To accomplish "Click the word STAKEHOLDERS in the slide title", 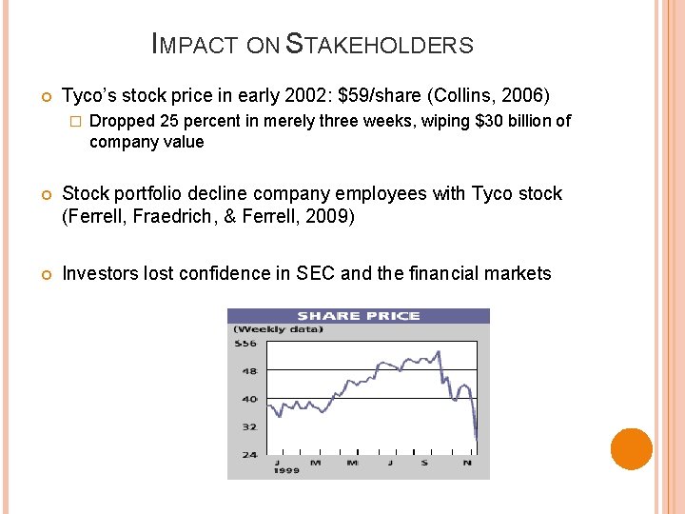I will (380, 45).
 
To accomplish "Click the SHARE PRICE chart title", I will (358, 316).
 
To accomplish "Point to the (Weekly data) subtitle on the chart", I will (278, 329).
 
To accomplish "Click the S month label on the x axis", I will (425, 463).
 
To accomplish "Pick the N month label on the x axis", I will (467, 463).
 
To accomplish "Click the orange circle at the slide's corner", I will (631, 449).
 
